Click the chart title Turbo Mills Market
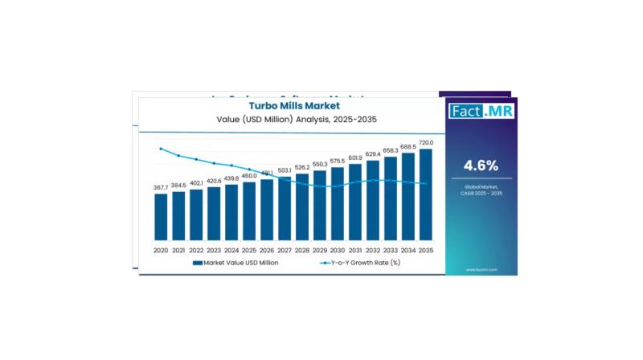pos(294,105)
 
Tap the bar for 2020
pos(161,217)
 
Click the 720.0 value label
pos(426,142)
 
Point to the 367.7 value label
pos(161,187)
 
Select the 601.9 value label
pos(355,157)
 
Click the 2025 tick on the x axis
pos(249,250)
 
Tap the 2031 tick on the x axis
pos(355,250)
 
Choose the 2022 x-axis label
pos(196,250)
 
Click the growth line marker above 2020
pos(161,149)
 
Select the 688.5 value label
pos(408,146)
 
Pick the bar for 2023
pos(214,214)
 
